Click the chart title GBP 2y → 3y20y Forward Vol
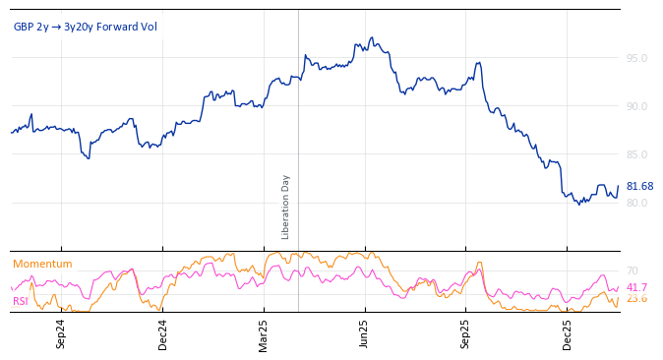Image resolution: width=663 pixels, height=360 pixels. tap(85, 27)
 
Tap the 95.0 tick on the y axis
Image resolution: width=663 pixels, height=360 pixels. tap(636, 58)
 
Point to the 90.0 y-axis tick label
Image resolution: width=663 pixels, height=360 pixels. tap(636, 106)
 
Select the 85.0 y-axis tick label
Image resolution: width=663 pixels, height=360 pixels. tap(636, 154)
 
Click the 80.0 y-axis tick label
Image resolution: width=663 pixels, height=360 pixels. tap(636, 203)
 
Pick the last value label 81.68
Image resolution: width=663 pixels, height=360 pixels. tap(639, 186)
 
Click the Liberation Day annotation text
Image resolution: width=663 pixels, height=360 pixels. tap(286, 207)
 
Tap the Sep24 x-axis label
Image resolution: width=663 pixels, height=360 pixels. tap(61, 334)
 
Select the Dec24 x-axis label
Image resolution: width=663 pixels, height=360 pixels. tap(162, 334)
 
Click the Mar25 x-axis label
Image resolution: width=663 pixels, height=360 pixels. tap(264, 334)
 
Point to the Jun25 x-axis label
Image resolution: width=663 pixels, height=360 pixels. tap(364, 334)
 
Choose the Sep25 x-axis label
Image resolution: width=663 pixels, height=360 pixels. tap(465, 334)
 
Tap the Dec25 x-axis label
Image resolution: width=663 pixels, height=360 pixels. tap(567, 334)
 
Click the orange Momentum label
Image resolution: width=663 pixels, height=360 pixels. tap(42, 264)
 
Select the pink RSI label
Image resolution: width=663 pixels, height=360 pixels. tap(20, 301)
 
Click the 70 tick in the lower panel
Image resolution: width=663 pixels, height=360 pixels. tap(633, 270)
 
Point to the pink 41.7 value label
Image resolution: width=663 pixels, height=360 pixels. tap(636, 287)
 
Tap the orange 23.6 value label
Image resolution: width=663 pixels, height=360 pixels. tap(636, 298)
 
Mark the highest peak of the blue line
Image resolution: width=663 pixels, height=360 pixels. tap(371, 37)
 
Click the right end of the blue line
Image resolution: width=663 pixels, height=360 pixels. tap(619, 186)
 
